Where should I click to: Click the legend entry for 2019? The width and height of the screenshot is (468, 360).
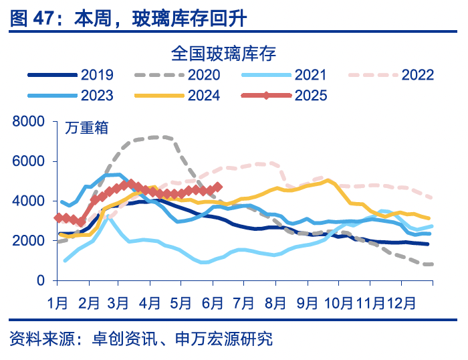pyautogui.click(x=98, y=75)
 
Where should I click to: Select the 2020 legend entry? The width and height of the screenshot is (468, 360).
pyautogui.click(x=205, y=75)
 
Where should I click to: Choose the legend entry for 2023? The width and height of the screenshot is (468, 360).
pyautogui.click(x=98, y=95)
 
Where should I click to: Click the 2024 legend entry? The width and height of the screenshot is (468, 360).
pyautogui.click(x=204, y=95)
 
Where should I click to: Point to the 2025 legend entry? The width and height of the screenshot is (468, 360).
pyautogui.click(x=311, y=95)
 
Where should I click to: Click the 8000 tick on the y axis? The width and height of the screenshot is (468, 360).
pyautogui.click(x=28, y=121)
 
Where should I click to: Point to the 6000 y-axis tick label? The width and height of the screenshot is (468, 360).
pyautogui.click(x=28, y=161)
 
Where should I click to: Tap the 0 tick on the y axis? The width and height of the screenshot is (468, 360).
pyautogui.click(x=41, y=280)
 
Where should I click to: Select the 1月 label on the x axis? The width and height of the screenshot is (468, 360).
pyautogui.click(x=57, y=303)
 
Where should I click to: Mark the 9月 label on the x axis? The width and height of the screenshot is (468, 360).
pyautogui.click(x=307, y=303)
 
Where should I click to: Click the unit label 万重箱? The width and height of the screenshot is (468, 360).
pyautogui.click(x=88, y=127)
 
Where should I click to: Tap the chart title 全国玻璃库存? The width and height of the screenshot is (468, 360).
pyautogui.click(x=223, y=52)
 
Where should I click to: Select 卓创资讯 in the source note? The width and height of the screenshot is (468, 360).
pyautogui.click(x=126, y=339)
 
